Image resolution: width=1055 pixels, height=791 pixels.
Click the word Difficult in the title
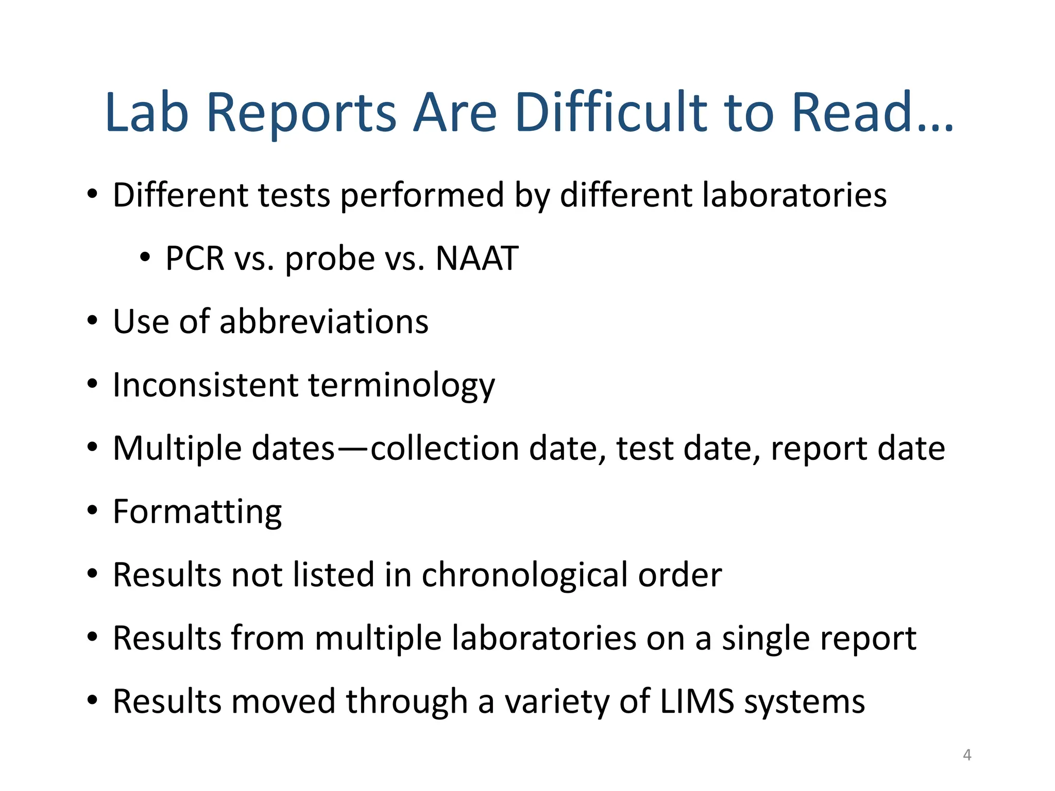[610, 112]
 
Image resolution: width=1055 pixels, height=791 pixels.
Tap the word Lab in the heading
[147, 112]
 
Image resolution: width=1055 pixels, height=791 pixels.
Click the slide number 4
[967, 755]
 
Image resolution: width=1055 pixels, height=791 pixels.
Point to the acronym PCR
[195, 258]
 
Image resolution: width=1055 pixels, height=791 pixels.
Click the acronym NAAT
[477, 258]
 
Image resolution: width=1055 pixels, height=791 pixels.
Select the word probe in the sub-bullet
[330, 259]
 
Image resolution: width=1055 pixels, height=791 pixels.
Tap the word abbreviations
[324, 322]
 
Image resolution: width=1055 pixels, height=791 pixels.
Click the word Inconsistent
[206, 385]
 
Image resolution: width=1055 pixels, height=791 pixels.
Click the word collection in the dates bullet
[444, 449]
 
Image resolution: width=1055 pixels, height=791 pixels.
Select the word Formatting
[197, 512]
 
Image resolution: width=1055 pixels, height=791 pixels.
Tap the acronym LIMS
[697, 701]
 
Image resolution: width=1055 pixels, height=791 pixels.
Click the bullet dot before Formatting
[92, 511]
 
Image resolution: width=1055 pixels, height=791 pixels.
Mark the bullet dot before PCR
[145, 257]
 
